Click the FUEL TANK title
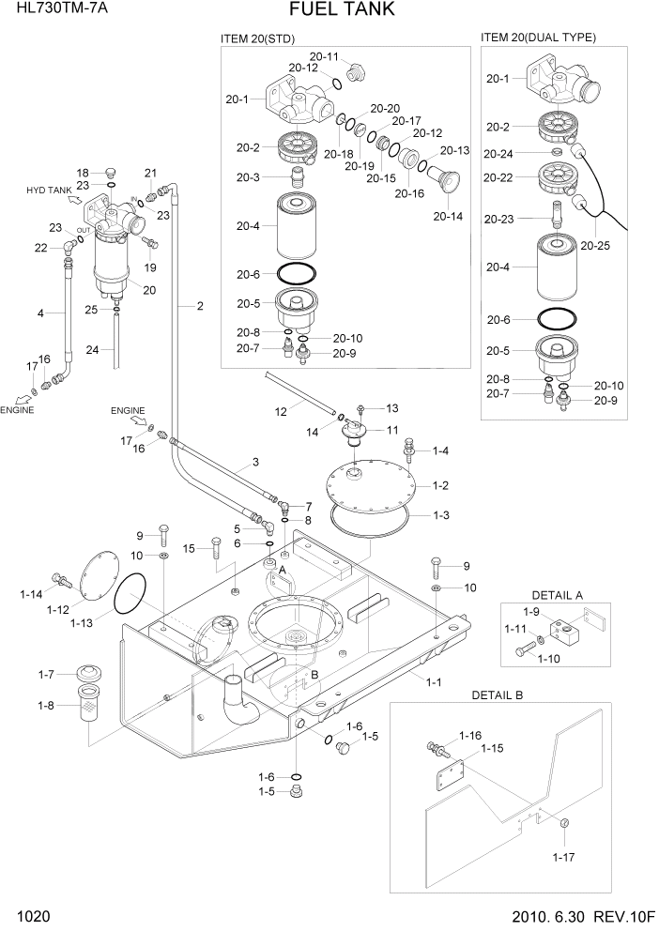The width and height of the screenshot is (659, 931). click(x=329, y=10)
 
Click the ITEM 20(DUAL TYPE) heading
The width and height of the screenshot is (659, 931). click(x=538, y=38)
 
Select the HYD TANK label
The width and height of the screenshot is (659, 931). click(x=49, y=191)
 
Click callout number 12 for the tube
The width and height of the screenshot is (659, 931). click(x=280, y=411)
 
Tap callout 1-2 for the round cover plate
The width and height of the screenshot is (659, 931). click(x=440, y=485)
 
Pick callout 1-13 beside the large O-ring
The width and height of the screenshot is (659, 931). click(x=82, y=622)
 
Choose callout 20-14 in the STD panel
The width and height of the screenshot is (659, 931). click(x=448, y=216)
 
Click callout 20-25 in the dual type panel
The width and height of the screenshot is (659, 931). click(x=595, y=246)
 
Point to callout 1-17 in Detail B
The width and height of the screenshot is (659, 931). click(x=562, y=856)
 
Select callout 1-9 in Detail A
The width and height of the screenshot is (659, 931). click(x=530, y=612)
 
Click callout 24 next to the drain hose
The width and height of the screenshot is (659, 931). click(x=92, y=351)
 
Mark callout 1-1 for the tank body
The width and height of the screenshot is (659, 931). click(x=434, y=682)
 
